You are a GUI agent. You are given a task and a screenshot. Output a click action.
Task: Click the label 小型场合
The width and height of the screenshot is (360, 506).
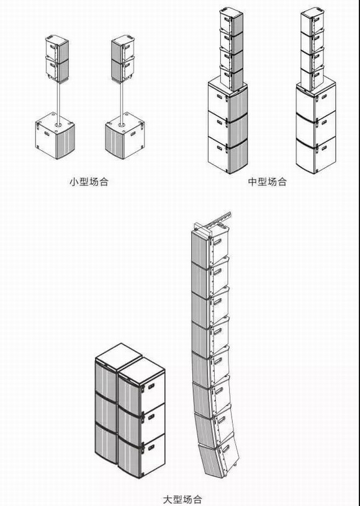coord(89,182)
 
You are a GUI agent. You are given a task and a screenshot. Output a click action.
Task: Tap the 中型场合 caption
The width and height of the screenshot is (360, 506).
coord(268,182)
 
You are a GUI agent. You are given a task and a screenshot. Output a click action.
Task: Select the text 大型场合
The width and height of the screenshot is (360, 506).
coord(182,500)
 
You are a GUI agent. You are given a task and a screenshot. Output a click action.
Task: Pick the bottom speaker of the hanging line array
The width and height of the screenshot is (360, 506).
coord(218,455)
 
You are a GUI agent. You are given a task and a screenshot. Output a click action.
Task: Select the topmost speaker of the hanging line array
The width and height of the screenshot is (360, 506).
coord(210,247)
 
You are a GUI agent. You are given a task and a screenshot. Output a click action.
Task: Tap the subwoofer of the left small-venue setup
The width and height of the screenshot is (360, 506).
coord(55,136)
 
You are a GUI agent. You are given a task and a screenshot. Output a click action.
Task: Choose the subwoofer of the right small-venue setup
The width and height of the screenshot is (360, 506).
coord(125,136)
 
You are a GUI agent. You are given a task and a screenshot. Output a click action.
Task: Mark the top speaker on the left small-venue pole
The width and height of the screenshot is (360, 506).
coord(57,48)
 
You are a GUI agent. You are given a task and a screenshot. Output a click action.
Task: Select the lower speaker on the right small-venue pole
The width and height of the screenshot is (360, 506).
coord(123,68)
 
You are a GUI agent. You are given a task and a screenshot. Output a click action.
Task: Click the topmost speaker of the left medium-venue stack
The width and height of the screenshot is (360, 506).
coord(231,21)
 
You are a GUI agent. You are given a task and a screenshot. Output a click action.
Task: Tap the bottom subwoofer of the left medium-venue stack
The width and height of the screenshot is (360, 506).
coord(228,155)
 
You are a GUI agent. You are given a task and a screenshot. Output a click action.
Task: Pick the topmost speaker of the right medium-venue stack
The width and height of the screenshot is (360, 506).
coord(312,21)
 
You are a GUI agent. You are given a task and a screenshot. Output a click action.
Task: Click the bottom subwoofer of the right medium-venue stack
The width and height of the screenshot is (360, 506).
coord(316,155)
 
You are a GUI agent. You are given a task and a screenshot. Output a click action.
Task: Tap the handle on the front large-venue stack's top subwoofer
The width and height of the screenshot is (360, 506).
coord(151,386)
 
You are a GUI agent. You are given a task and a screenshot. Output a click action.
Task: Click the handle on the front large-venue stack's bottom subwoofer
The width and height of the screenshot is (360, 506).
coord(151,447)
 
